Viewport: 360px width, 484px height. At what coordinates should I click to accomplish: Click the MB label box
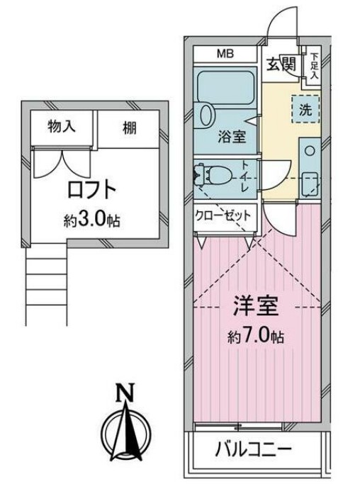click(x=225, y=55)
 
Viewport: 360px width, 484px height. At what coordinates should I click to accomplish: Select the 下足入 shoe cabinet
click(x=314, y=66)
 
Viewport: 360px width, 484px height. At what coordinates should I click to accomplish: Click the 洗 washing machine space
click(x=305, y=110)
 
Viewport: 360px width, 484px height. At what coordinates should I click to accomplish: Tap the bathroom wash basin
click(x=206, y=114)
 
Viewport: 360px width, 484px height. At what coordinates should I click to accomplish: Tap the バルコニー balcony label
click(x=253, y=449)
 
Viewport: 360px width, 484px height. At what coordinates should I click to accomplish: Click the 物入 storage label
click(x=62, y=129)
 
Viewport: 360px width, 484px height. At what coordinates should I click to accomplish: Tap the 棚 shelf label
click(x=128, y=130)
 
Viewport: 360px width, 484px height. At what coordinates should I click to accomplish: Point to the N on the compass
click(x=125, y=391)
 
